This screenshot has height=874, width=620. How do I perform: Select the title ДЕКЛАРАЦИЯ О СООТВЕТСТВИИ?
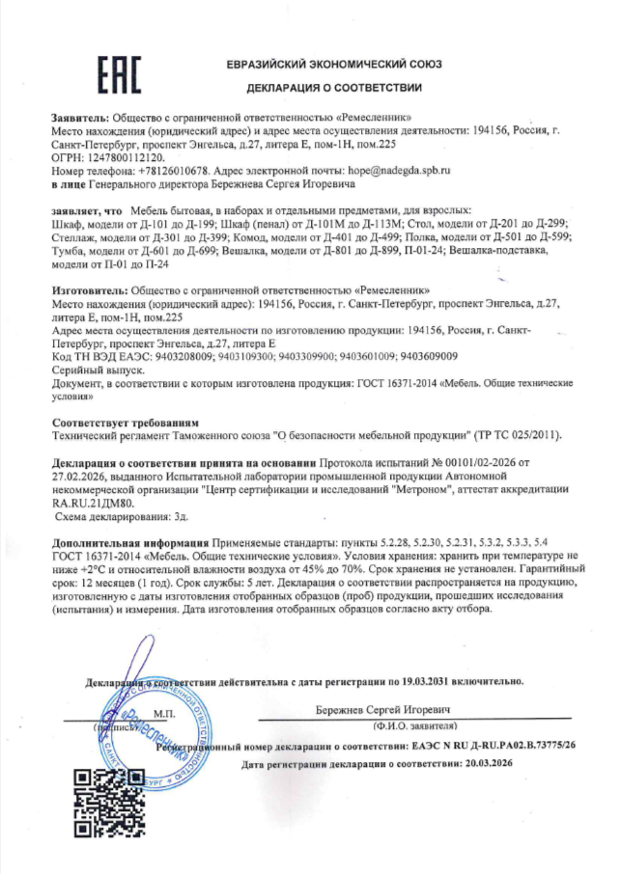pyautogui.click(x=334, y=88)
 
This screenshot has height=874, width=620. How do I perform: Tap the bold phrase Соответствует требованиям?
pyautogui.click(x=126, y=423)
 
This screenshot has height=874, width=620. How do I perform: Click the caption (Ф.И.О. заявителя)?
pyautogui.click(x=412, y=723)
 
